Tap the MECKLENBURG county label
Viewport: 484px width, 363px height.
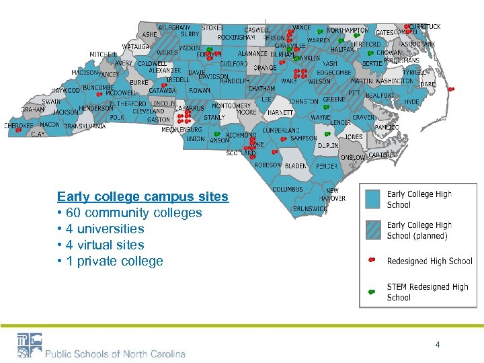pyautogui.click(x=182, y=130)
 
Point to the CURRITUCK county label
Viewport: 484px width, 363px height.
pyautogui.click(x=425, y=27)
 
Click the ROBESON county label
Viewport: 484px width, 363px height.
pyautogui.click(x=267, y=165)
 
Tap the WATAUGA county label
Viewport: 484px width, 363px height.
pyautogui.click(x=136, y=47)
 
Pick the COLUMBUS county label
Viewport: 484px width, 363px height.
pyautogui.click(x=288, y=190)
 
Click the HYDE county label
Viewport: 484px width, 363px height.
pyautogui.click(x=411, y=102)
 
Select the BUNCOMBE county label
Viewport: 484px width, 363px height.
pyautogui.click(x=98, y=87)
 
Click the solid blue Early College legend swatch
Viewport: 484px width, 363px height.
pyautogui.click(x=372, y=199)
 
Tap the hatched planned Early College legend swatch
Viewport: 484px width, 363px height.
pyautogui.click(x=372, y=230)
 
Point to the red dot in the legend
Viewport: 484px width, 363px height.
pyautogui.click(x=372, y=260)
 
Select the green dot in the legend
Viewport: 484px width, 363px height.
pyautogui.click(x=372, y=292)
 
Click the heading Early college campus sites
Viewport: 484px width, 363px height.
pyautogui.click(x=143, y=197)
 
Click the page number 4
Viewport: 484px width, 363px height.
pyautogui.click(x=438, y=345)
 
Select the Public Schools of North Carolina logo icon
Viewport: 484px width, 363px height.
pyautogui.click(x=29, y=346)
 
